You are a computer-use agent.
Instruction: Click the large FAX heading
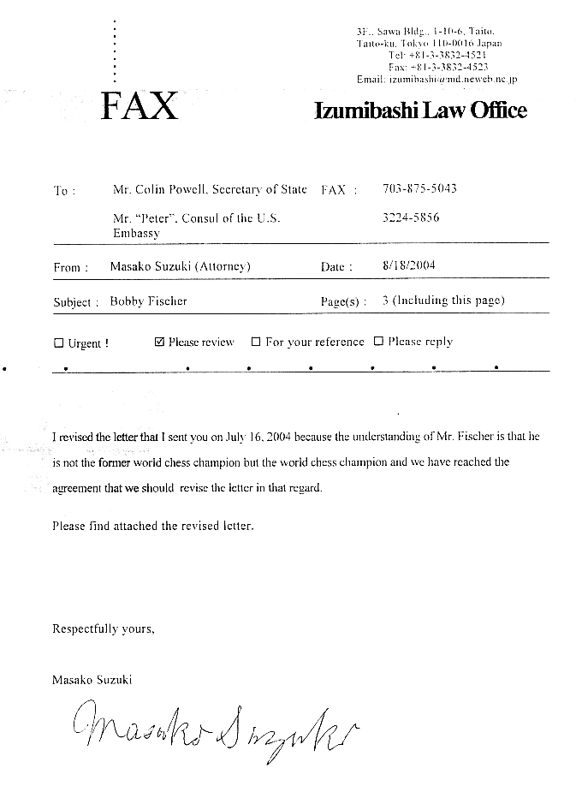pyautogui.click(x=139, y=106)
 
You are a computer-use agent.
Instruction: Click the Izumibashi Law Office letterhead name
pyautogui.click(x=420, y=110)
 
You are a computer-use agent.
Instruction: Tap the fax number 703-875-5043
pyautogui.click(x=419, y=189)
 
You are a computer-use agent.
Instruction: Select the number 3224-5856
pyautogui.click(x=411, y=217)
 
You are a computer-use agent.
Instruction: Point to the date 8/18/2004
pyautogui.click(x=409, y=265)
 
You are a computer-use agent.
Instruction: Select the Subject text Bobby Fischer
pyautogui.click(x=149, y=301)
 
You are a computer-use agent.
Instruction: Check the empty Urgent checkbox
pyautogui.click(x=59, y=343)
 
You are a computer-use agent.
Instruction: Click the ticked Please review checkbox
pyautogui.click(x=159, y=342)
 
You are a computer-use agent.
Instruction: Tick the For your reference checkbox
pyautogui.click(x=256, y=342)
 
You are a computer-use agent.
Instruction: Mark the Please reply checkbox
pyautogui.click(x=378, y=342)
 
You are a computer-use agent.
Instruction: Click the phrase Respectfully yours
pyautogui.click(x=104, y=628)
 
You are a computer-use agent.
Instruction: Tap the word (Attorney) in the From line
pyautogui.click(x=222, y=266)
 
